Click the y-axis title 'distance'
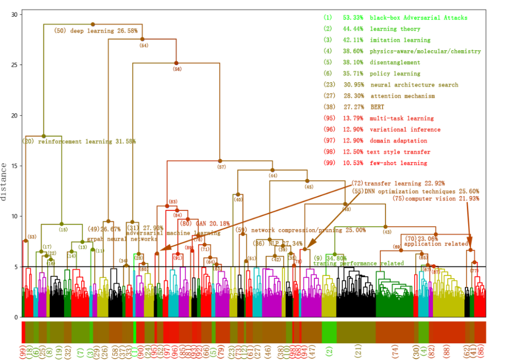point(4,182)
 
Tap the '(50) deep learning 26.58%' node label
point(96,31)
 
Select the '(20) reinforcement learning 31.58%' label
point(79,142)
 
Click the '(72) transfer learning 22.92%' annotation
point(398,183)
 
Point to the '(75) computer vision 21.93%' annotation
point(436,198)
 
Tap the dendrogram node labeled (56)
point(176,63)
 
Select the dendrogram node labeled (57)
point(220,161)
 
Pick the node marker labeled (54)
point(142,39)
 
